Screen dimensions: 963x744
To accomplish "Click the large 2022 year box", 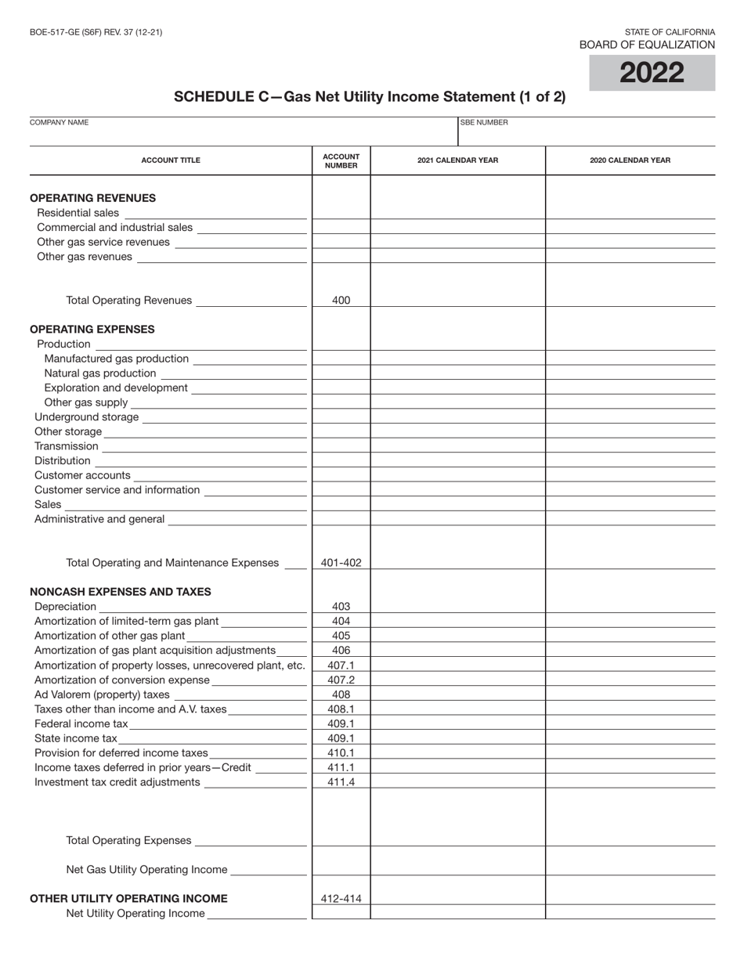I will click(652, 73).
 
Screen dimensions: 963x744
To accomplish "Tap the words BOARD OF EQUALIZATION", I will click(647, 45).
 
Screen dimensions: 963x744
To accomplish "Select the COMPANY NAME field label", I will click(59, 123).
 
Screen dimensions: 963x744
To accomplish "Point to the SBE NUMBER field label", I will click(484, 123).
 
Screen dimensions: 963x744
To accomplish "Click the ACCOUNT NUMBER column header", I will click(341, 160).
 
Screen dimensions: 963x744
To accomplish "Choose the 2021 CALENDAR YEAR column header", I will click(457, 160).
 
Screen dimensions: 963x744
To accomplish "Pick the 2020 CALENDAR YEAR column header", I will click(630, 160).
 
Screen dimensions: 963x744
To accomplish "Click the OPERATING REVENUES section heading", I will click(92, 198).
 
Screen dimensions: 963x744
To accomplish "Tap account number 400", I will click(341, 300).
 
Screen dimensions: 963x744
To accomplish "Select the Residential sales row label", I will click(78, 213).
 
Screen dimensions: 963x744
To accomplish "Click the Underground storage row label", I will click(86, 417).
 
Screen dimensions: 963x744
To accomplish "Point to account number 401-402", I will click(341, 563).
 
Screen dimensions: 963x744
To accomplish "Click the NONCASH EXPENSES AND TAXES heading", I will click(120, 592).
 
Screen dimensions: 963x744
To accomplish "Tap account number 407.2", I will click(341, 680).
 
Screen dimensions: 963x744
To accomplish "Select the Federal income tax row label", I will click(81, 723).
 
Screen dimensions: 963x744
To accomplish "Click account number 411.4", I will click(341, 781).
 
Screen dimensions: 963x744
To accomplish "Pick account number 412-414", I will click(341, 899).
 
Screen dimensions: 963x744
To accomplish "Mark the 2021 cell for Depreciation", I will click(457, 606).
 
